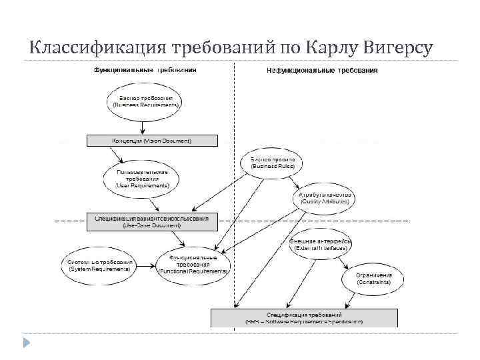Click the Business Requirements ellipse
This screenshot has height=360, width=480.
pos(146,101)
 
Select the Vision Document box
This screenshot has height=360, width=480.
pos(152,141)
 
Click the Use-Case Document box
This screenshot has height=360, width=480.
pos(152,221)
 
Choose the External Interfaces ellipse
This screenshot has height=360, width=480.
pos(321,244)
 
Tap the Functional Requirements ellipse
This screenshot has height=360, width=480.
pos(193,265)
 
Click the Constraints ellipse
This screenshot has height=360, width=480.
pos(373,279)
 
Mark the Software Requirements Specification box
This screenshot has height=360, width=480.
pos(304,317)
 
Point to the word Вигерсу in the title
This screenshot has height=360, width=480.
pos(398,48)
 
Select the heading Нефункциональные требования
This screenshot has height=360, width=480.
pos(323,70)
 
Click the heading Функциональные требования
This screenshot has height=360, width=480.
pos(145,70)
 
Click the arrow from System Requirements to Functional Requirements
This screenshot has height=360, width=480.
pos(145,265)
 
